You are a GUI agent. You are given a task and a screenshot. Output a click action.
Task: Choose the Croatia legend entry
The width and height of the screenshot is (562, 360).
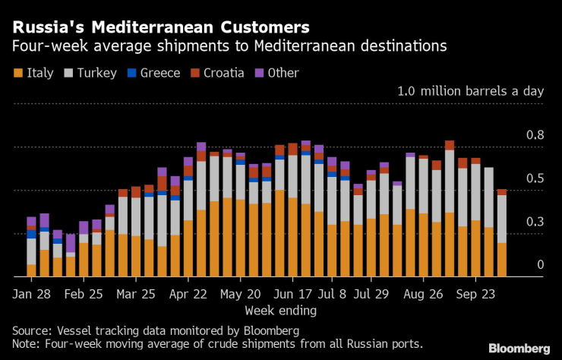[217, 73]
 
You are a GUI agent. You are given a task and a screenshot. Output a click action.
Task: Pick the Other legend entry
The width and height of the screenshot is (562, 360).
[277, 73]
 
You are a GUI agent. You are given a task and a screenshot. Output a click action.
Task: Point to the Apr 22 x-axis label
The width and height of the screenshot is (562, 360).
[188, 293]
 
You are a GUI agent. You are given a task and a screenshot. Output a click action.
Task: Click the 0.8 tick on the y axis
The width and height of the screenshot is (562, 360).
[535, 135]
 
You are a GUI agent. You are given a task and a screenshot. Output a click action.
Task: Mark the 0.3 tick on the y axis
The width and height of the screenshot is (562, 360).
[535, 222]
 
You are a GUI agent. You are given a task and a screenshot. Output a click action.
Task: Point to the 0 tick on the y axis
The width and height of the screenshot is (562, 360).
[540, 264]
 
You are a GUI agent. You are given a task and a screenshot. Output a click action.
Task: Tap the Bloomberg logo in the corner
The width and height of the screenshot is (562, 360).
[519, 348]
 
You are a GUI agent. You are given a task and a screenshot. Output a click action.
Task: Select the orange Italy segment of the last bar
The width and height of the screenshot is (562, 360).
[501, 260]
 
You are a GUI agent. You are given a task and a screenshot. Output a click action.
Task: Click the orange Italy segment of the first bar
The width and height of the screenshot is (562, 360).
[31, 270]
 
